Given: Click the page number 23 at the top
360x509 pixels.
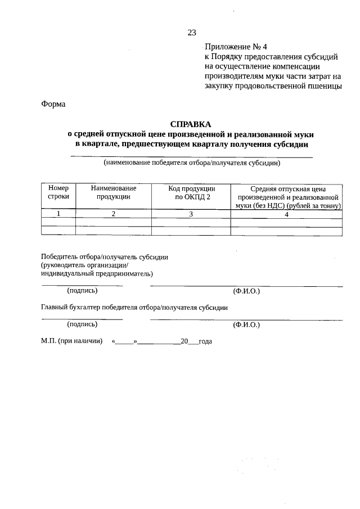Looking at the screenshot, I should [191, 32].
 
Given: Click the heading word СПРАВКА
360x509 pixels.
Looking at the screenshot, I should [191, 124].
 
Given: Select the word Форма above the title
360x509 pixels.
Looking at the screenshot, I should [53, 104].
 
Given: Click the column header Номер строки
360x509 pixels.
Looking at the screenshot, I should [58, 192].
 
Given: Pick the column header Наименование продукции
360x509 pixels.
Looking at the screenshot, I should [113, 192].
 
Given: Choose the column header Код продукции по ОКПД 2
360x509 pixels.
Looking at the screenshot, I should [191, 192].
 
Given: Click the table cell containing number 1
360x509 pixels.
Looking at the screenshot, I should [58, 214].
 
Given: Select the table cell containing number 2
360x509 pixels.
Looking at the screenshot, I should [113, 214].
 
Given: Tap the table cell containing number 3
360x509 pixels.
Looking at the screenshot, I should [191, 214].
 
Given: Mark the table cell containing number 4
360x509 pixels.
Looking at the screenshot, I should [286, 214].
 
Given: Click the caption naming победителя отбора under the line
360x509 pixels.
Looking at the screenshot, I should [191, 164].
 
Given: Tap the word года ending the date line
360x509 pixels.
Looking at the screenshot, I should [204, 341].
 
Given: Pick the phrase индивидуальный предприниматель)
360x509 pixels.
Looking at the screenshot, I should [96, 274].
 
